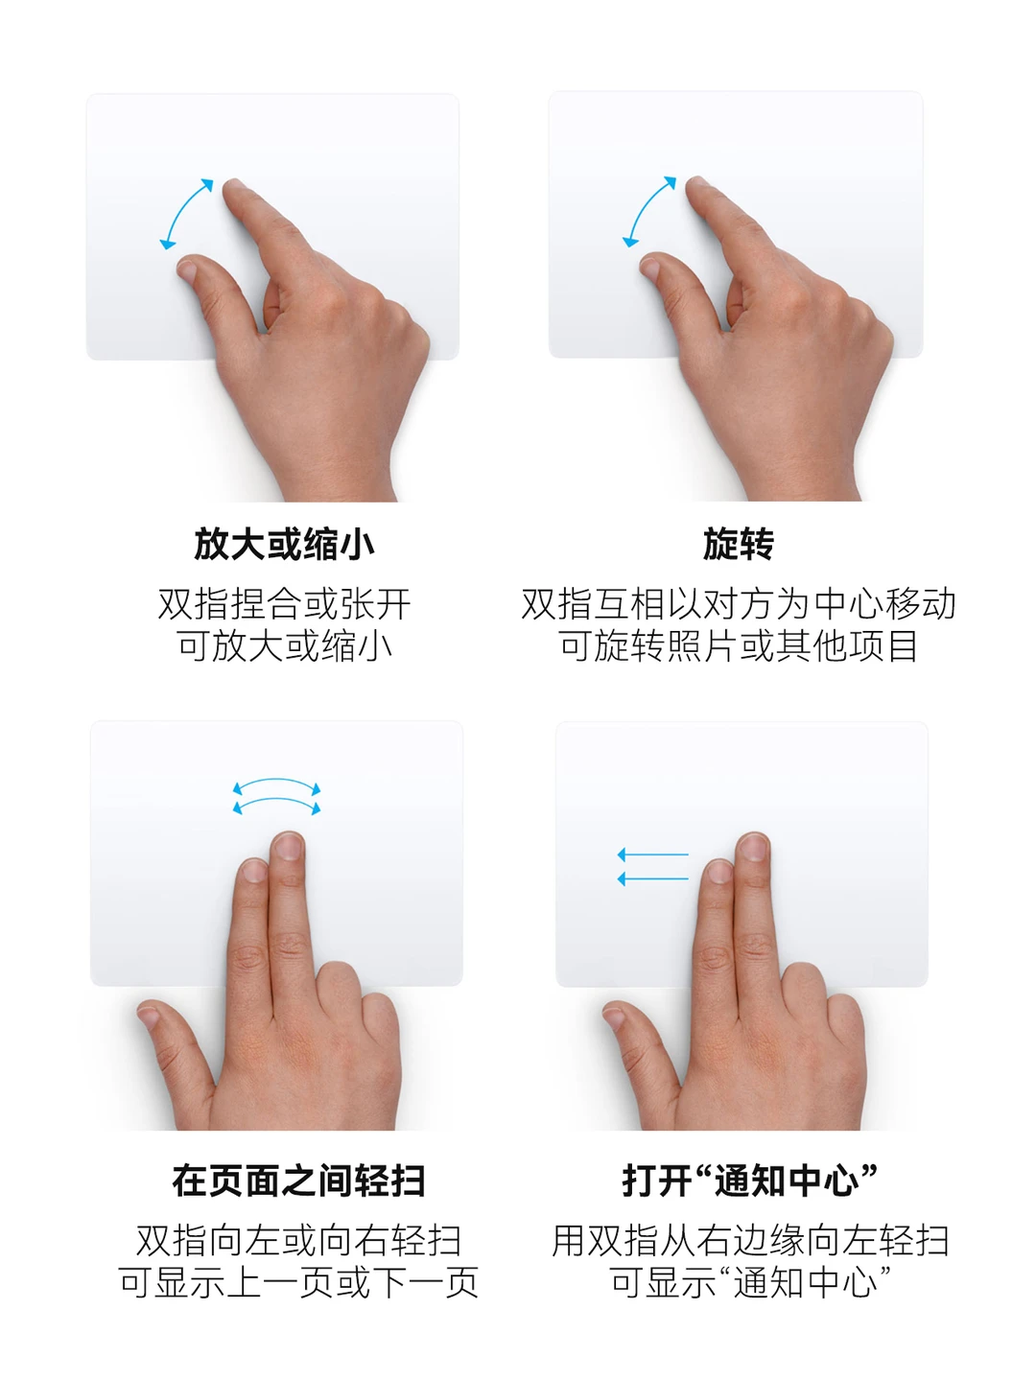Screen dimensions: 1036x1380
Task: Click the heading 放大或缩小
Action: coord(284,544)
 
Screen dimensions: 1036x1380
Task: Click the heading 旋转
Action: coord(738,544)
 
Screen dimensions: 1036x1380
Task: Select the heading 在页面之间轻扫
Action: coord(298,1181)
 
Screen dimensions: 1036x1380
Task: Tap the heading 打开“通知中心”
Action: coord(749,1181)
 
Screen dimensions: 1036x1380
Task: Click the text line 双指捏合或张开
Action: coord(284,604)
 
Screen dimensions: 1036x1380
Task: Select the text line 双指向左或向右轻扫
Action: coord(298,1240)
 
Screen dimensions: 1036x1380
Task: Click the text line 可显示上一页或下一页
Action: coord(298,1282)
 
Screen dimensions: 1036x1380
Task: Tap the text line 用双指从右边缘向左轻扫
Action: coord(749,1240)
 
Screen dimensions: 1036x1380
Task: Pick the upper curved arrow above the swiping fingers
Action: coord(276,782)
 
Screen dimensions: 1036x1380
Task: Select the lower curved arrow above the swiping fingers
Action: coord(276,801)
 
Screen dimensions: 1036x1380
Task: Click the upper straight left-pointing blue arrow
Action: coord(652,854)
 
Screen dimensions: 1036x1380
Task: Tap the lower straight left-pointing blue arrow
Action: coord(652,878)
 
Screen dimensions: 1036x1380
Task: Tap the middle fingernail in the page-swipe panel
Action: coord(289,846)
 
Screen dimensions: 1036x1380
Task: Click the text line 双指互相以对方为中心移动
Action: coord(738,604)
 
